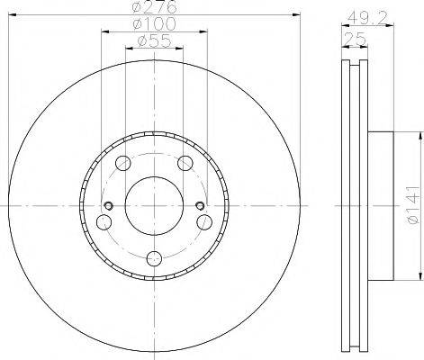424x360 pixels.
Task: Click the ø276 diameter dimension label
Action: [154, 7]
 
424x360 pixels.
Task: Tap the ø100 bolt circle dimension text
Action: [154, 24]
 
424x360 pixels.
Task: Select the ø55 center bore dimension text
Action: [154, 40]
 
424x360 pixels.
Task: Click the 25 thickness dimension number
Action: [355, 39]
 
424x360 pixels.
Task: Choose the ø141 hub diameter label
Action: [413, 204]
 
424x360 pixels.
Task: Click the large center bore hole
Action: [154, 205]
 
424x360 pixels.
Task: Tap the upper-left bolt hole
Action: [123, 163]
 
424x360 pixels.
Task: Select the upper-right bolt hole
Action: [185, 163]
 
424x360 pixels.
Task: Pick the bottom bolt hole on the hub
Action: [154, 258]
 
